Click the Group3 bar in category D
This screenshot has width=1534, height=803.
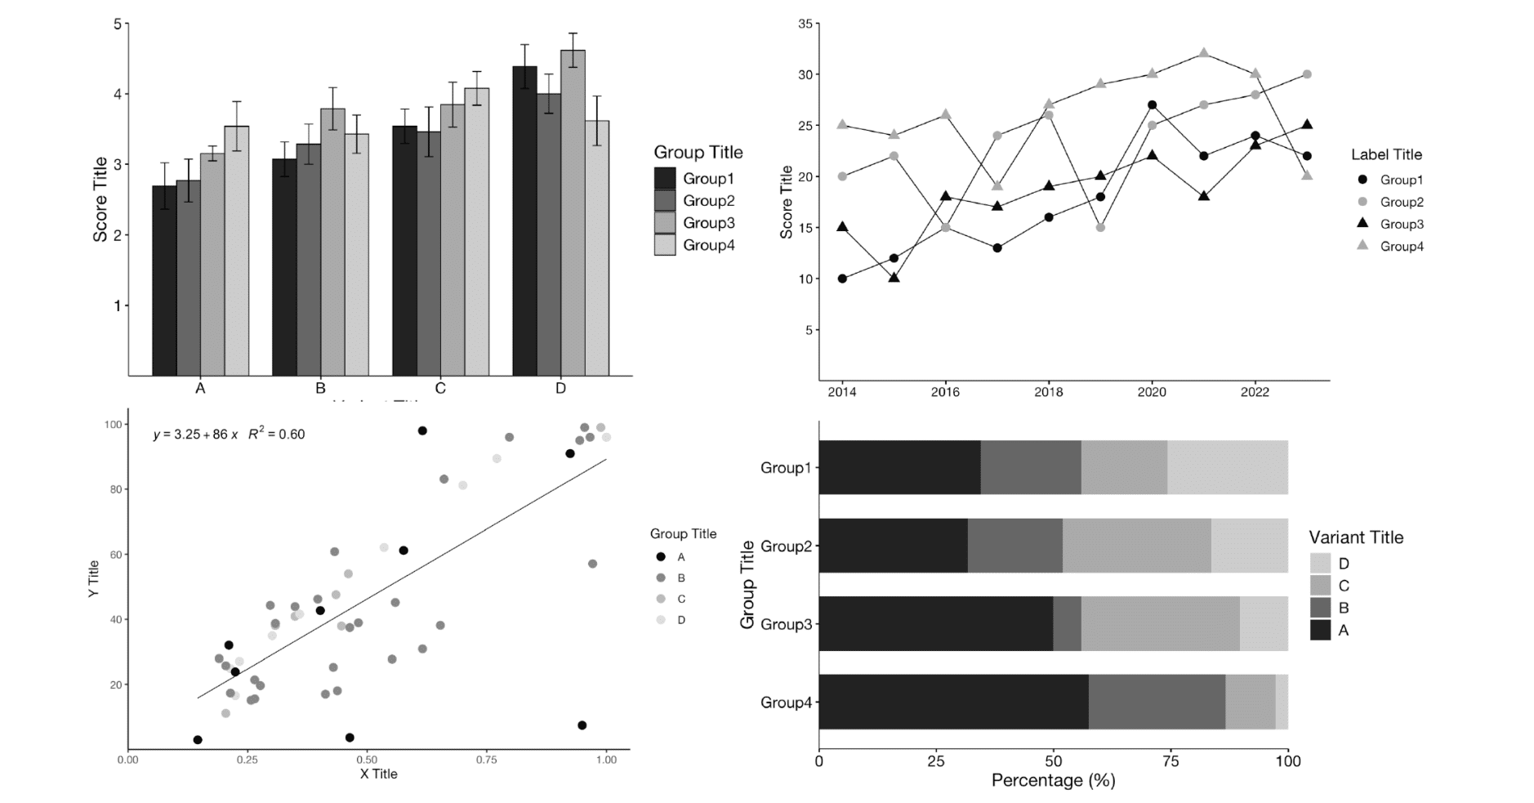(573, 212)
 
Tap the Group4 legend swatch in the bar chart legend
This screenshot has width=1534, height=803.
(665, 245)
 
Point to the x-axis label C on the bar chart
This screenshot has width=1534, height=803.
(440, 388)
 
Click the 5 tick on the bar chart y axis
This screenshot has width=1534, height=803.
(117, 25)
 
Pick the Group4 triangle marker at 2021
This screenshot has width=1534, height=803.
(1203, 53)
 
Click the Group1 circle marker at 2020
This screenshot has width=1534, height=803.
(1152, 105)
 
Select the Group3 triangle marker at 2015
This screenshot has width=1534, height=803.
(894, 278)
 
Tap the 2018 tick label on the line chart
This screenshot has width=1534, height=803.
(1048, 392)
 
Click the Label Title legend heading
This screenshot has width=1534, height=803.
(1385, 154)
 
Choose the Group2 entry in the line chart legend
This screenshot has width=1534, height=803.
(1401, 202)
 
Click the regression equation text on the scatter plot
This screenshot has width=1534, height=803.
(229, 434)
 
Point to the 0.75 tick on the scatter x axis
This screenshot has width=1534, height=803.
(486, 759)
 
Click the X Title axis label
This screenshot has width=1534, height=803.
(378, 774)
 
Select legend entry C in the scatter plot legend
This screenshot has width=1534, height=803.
(680, 599)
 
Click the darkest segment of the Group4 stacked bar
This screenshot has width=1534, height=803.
(953, 702)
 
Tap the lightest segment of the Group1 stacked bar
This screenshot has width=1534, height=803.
(1227, 467)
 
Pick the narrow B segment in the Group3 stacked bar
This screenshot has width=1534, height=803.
(1067, 623)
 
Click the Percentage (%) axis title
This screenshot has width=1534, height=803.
(1053, 780)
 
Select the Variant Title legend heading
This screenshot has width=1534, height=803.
(1355, 538)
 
